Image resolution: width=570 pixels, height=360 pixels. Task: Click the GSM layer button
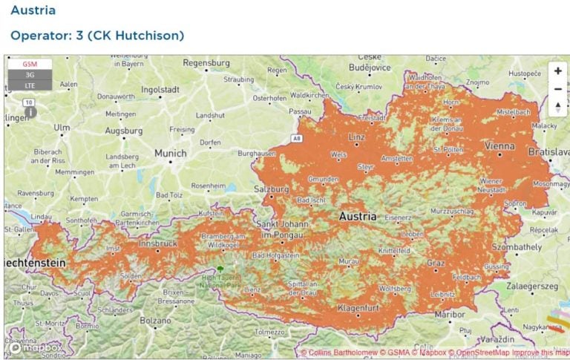pyautogui.click(x=30, y=65)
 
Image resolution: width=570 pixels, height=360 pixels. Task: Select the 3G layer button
pyautogui.click(x=30, y=75)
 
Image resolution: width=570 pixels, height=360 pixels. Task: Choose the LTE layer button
pyautogui.click(x=30, y=85)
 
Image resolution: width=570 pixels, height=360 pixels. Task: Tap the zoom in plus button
pyautogui.click(x=557, y=71)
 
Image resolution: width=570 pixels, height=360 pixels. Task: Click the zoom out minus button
pyautogui.click(x=557, y=89)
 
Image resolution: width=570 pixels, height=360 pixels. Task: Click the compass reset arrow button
pyautogui.click(x=557, y=107)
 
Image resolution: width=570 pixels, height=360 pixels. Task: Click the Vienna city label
pyautogui.click(x=499, y=146)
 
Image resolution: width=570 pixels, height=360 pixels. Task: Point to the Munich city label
pyautogui.click(x=170, y=153)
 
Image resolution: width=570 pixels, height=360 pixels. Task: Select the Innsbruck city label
pyautogui.click(x=157, y=243)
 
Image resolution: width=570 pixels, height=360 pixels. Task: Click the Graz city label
pyautogui.click(x=436, y=263)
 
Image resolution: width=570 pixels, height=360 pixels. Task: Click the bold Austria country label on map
pyautogui.click(x=357, y=217)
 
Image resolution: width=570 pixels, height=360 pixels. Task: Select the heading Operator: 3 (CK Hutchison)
pyautogui.click(x=97, y=35)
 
